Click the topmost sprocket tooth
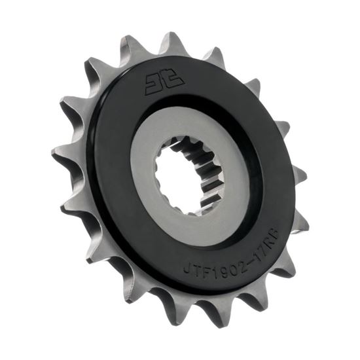(x=171, y=41)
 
